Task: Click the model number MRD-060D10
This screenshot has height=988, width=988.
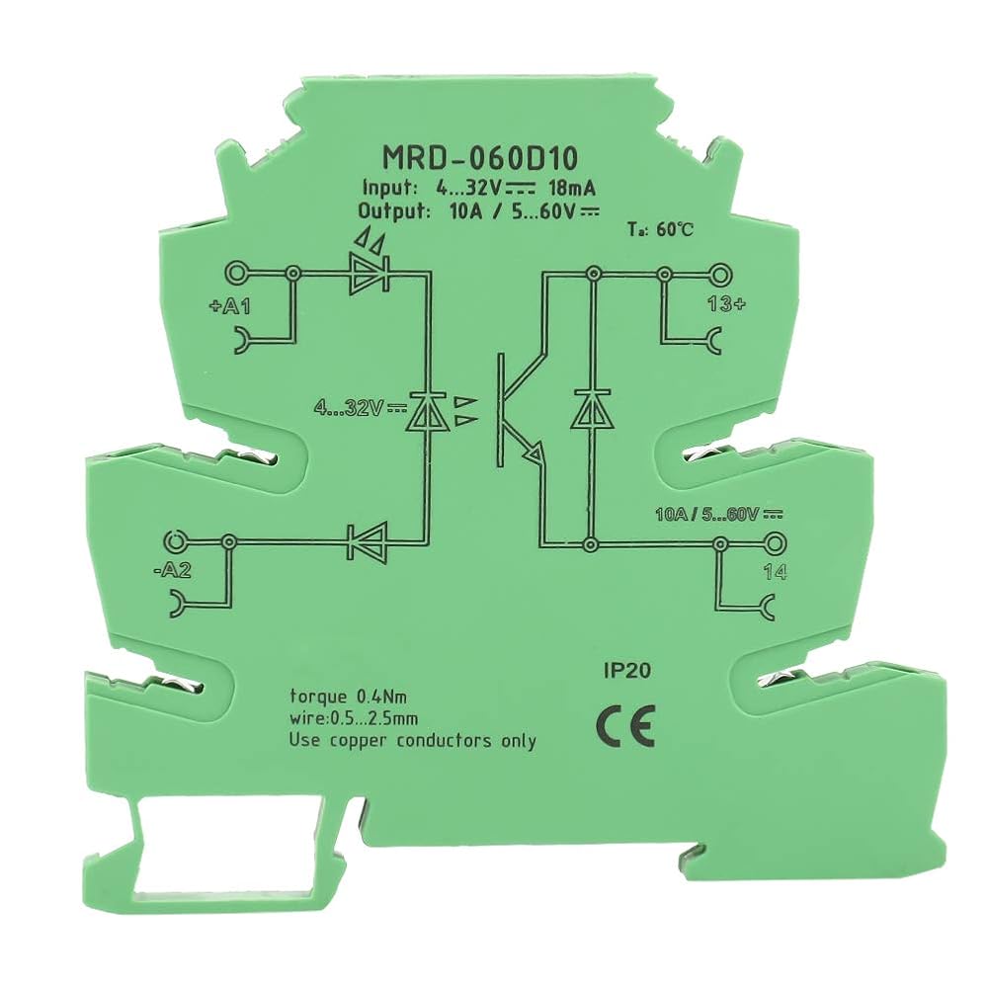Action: [479, 159]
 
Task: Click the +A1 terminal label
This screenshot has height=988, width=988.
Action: [229, 307]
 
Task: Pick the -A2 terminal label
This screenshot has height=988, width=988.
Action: [172, 570]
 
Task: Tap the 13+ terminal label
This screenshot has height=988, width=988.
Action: [726, 304]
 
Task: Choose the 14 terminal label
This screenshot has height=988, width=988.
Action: [775, 572]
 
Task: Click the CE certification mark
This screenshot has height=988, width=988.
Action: [625, 725]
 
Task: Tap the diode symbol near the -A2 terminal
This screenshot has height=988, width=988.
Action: [368, 541]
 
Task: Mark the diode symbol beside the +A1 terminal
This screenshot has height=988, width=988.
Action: [370, 273]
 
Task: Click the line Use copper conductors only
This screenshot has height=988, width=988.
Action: [413, 740]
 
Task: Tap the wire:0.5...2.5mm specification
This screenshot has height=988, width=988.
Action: [353, 718]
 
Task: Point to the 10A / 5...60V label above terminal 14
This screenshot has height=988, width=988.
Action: [719, 515]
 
